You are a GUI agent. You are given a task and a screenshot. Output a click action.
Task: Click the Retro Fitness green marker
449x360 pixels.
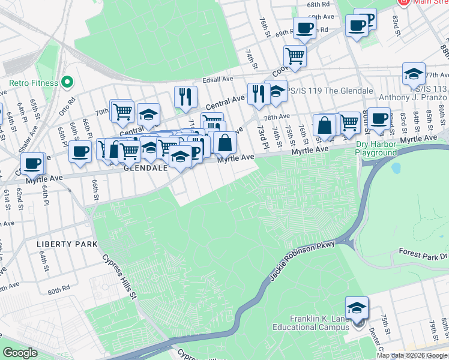point(67,82)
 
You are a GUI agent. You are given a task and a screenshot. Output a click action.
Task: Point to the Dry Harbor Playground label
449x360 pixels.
point(376,148)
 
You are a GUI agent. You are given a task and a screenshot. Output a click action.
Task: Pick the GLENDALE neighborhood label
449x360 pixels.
point(145,169)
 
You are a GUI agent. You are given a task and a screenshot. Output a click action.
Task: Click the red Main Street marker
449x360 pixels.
point(403,2)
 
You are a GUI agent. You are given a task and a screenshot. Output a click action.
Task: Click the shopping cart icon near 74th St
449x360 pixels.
point(295,56)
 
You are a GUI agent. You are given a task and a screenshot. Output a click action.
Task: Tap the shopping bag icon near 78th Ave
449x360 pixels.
point(325,125)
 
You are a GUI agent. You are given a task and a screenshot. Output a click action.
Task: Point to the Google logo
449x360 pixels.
point(20,353)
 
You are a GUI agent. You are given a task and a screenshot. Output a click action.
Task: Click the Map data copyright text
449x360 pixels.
point(412,355)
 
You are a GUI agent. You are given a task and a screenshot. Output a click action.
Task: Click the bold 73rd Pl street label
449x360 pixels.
point(262,138)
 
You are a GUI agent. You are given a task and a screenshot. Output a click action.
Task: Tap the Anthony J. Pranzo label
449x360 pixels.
point(413,97)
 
